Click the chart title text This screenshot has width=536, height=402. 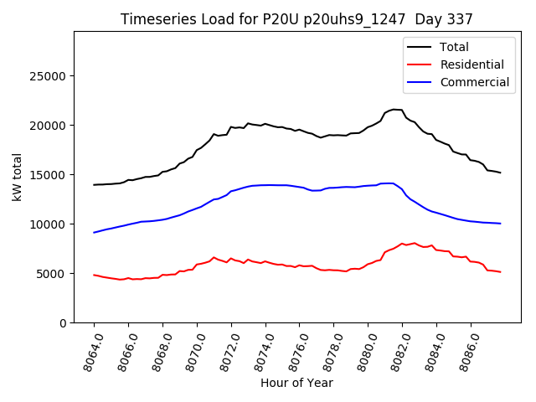point(296,19)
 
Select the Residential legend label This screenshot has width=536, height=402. point(472,64)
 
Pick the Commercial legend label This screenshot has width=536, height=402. point(475,82)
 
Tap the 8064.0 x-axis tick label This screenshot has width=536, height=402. point(88,350)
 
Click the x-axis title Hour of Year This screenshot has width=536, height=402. point(296,383)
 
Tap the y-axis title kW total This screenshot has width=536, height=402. point(17,178)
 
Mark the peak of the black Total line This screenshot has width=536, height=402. point(394,109)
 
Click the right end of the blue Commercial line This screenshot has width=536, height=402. point(500,224)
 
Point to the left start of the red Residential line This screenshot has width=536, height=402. point(94,275)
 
